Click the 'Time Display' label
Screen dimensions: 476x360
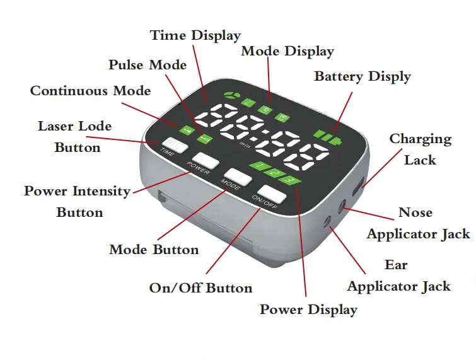coord(195,35)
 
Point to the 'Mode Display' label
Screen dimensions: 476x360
coord(287,51)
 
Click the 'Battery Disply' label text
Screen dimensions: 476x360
coord(363,77)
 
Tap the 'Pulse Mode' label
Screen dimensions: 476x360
coord(148,65)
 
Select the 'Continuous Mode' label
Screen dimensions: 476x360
coord(91,91)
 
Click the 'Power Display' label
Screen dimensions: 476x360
coord(309,310)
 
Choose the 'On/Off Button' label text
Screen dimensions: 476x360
coord(200,288)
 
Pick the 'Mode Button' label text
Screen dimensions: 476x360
coord(154,250)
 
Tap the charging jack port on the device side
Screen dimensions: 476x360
coord(359,185)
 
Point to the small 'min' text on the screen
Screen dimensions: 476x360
coord(244,144)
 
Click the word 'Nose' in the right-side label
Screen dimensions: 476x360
coord(415,212)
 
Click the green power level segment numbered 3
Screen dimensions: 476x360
coord(289,181)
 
